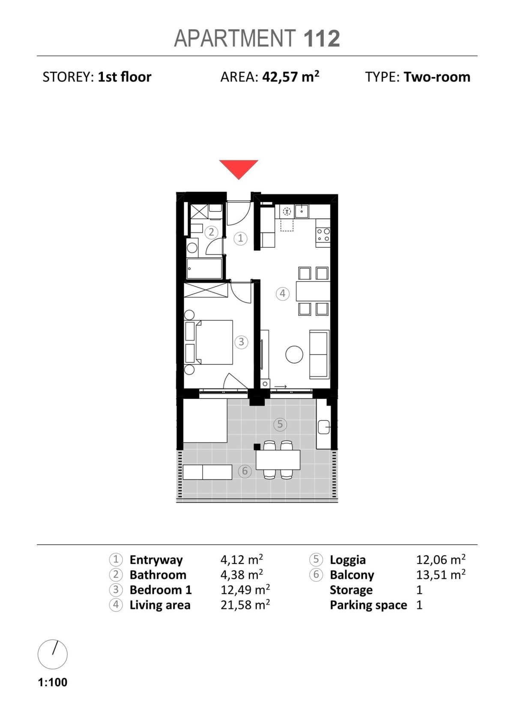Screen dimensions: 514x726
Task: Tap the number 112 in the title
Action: [322, 39]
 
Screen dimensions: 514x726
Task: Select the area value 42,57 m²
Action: [291, 77]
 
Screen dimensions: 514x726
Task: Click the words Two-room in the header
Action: [437, 77]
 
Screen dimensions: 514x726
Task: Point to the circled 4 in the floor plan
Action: [282, 293]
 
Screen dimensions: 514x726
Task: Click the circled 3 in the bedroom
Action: [241, 342]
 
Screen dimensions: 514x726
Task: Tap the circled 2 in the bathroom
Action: [211, 232]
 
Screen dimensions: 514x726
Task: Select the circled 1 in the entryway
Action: [240, 239]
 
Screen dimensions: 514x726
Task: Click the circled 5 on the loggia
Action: [280, 424]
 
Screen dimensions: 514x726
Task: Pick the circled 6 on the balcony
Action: [245, 471]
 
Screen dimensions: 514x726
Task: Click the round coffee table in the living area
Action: [294, 354]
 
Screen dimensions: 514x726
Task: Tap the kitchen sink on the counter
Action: [302, 211]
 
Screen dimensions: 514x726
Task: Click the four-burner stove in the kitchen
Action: [323, 235]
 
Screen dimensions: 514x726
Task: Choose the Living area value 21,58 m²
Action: [245, 605]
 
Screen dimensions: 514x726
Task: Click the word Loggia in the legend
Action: [347, 560]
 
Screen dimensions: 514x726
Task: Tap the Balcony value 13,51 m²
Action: [441, 575]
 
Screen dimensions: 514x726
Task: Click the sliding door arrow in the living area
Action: [281, 386]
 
